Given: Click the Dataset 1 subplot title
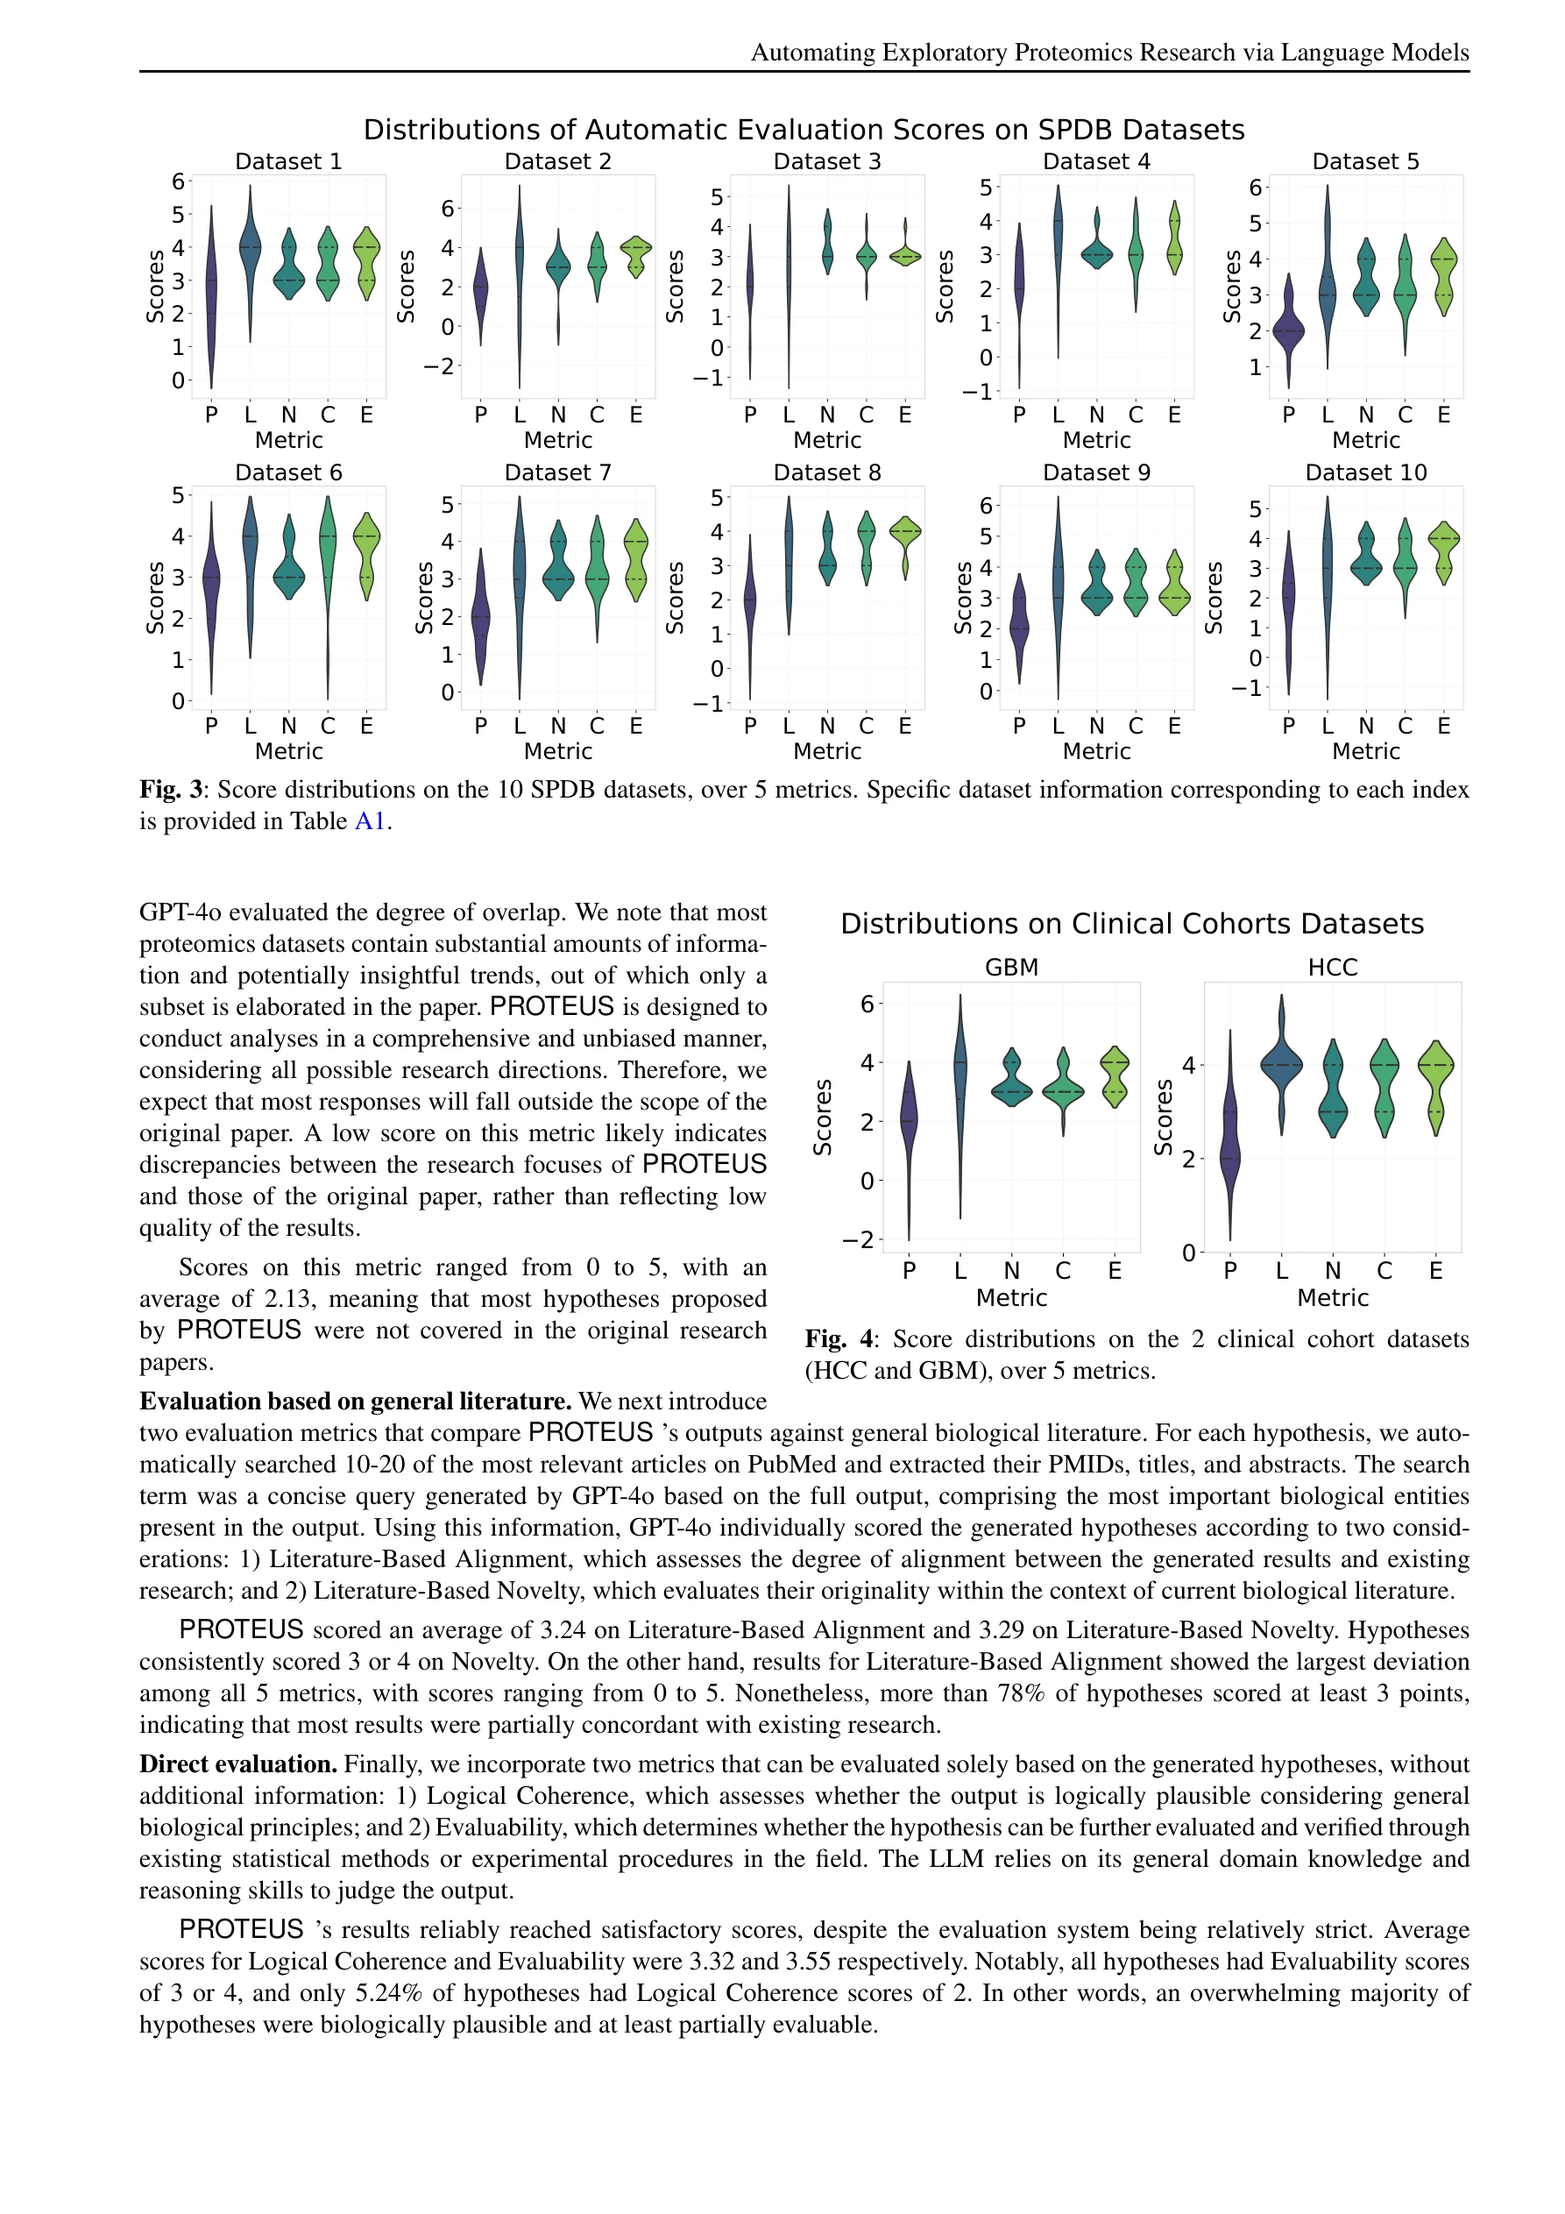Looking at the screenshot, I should coord(288,161).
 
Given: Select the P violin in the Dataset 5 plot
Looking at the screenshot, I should coord(1288,330).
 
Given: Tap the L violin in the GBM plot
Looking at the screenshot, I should coord(960,1089).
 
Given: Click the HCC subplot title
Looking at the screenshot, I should coord(1332,967).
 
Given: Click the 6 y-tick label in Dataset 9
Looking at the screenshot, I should coord(986,505).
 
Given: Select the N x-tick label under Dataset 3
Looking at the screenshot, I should coord(827,415).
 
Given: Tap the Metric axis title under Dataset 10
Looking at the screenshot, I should coord(1365,751).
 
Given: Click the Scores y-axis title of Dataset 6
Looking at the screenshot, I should coord(154,598).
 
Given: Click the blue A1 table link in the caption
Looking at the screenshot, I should coord(371,821).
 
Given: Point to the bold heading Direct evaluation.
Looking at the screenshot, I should coord(237,1763).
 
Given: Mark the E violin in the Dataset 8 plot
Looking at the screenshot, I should coord(904,540).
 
